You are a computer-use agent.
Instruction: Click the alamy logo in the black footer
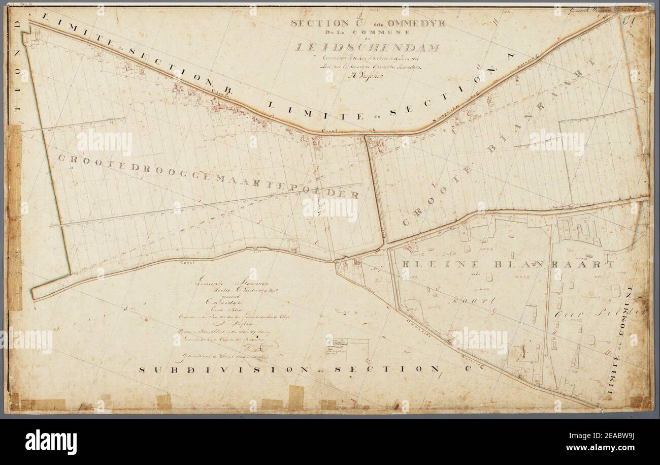pos(51,441)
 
